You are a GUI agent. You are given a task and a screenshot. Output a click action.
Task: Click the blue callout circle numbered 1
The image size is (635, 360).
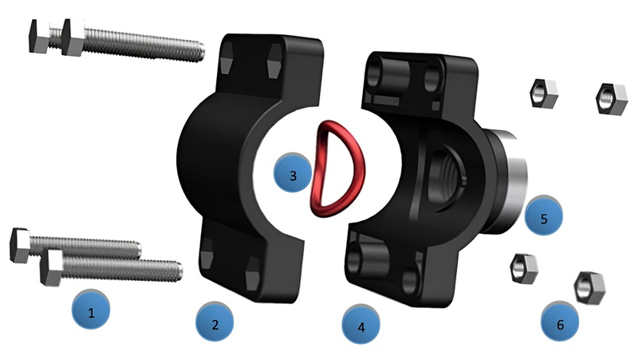tap(91, 310)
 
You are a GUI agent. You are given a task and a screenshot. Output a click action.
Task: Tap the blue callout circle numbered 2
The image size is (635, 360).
tap(215, 322)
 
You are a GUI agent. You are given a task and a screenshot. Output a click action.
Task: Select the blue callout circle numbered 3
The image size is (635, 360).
tap(293, 172)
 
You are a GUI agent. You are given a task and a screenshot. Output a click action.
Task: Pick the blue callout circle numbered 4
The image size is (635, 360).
tap(361, 324)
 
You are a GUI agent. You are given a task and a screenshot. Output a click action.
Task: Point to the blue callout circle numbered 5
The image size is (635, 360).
tap(543, 216)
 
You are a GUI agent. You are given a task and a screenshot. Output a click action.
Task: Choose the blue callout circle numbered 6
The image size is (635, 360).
tap(560, 321)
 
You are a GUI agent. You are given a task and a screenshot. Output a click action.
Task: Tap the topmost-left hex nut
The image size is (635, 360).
tap(544, 93)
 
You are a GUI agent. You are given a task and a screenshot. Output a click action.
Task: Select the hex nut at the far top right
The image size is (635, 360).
tap(612, 99)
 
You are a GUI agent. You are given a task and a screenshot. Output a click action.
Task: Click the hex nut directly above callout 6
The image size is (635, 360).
tap(590, 288)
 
